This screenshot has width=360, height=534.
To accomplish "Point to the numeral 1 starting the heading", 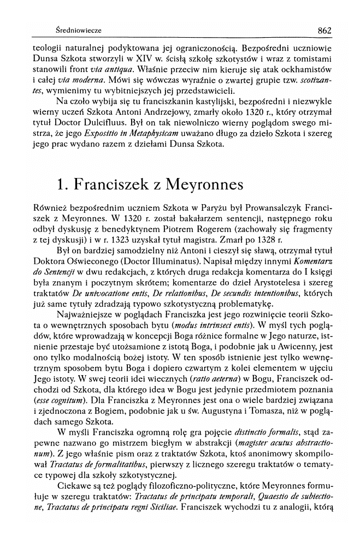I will point(62,185).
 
